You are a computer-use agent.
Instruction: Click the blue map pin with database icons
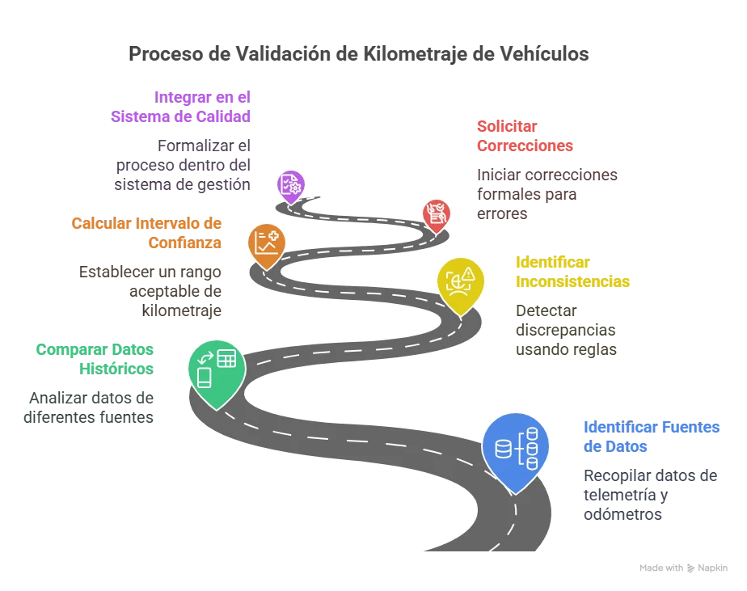[515, 448]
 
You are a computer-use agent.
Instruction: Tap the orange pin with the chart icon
[266, 243]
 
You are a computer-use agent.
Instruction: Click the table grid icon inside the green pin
[226, 358]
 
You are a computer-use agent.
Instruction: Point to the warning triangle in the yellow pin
[468, 272]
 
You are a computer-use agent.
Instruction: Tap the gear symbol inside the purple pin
[295, 188]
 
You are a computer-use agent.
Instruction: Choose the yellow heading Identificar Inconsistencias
[572, 272]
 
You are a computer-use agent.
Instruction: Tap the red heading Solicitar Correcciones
[525, 137]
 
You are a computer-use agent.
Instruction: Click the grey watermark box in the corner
[685, 569]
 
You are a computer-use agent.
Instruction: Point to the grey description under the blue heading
[648, 496]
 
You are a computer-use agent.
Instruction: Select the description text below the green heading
[89, 409]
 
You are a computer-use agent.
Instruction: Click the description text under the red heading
[546, 193]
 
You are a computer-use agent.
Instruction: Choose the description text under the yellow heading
[565, 329]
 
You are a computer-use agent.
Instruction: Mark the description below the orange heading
[151, 290]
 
